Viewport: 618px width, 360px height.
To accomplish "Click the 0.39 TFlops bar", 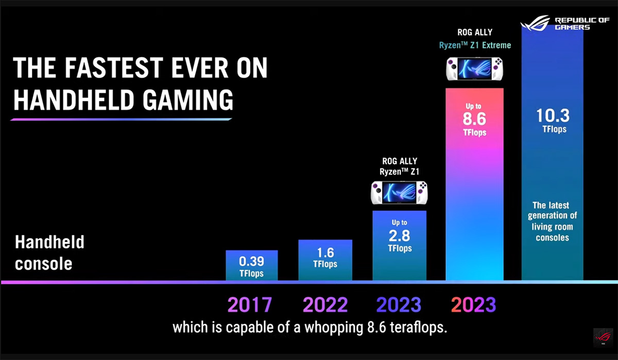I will coord(252,265).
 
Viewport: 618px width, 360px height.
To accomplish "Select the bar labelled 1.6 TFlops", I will coord(325,260).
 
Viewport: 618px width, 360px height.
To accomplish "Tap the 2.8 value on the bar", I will coord(399,236).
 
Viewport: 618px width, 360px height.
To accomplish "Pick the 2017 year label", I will coord(250,305).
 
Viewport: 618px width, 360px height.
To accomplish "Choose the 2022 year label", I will coord(325,305).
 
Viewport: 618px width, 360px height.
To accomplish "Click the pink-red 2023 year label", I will coord(474,305).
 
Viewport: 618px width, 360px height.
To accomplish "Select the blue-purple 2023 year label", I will coord(399,305).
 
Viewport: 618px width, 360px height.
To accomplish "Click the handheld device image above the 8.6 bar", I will coord(474,69).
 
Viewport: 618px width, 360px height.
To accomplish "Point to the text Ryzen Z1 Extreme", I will coord(475,45).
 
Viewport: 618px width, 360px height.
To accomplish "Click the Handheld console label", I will coord(49,253).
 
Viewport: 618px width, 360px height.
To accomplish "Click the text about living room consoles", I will coord(552,221).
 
